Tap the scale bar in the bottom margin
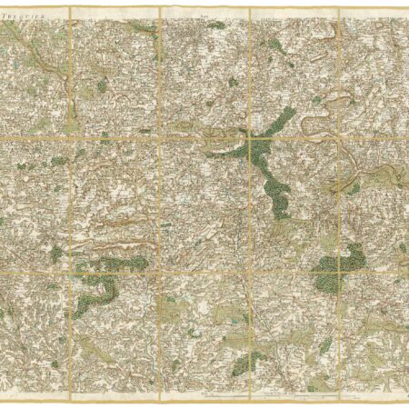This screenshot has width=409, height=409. pyautogui.click(x=273, y=397)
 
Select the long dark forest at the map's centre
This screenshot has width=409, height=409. pyautogui.click(x=273, y=177)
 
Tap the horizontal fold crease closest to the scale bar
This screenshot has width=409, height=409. pyautogui.click(x=204, y=269)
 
